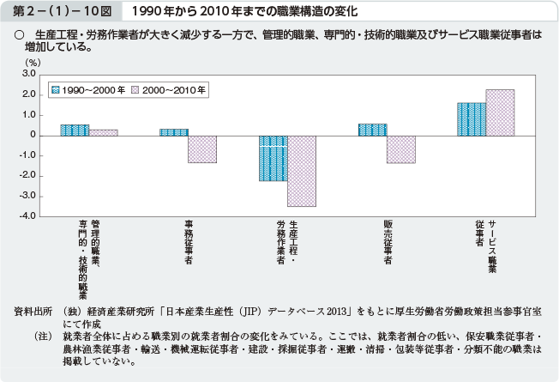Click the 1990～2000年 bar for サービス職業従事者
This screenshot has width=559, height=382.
pyautogui.click(x=472, y=119)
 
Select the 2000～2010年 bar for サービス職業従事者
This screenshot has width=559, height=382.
pyautogui.click(x=500, y=112)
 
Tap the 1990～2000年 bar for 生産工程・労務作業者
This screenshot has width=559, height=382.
pyautogui.click(x=273, y=158)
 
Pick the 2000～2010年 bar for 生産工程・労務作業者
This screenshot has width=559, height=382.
pyautogui.click(x=302, y=171)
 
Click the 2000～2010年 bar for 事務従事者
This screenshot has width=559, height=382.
pyautogui.click(x=202, y=149)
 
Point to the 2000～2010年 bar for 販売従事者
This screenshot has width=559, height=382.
pyautogui.click(x=400, y=149)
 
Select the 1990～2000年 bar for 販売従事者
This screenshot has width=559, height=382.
pyautogui.click(x=372, y=130)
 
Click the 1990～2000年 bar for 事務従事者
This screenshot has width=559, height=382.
pyautogui.click(x=174, y=132)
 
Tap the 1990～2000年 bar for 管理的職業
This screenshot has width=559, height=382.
pyautogui.click(x=75, y=130)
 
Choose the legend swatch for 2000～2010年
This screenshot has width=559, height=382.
pyautogui.click(x=135, y=88)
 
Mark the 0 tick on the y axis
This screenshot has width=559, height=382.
pyautogui.click(x=32, y=136)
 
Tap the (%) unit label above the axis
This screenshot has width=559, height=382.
pyautogui.click(x=33, y=62)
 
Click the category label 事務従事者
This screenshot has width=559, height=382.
pyautogui.click(x=188, y=242)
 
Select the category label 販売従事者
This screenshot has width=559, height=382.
pyautogui.click(x=388, y=242)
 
